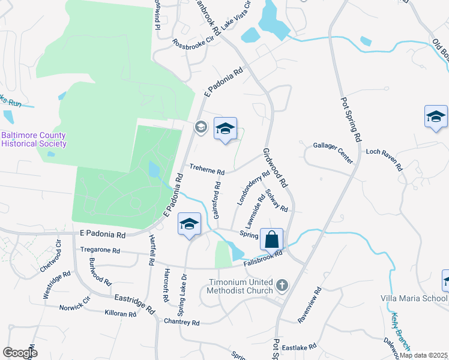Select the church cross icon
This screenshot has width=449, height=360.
point(282,284)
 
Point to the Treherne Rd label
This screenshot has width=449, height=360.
point(206,170)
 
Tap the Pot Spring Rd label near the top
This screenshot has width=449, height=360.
point(351,119)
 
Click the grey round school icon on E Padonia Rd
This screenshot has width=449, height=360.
point(200,126)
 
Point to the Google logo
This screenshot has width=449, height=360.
point(20,353)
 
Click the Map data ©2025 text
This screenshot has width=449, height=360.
point(424,355)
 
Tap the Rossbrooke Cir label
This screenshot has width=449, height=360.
point(193,44)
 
